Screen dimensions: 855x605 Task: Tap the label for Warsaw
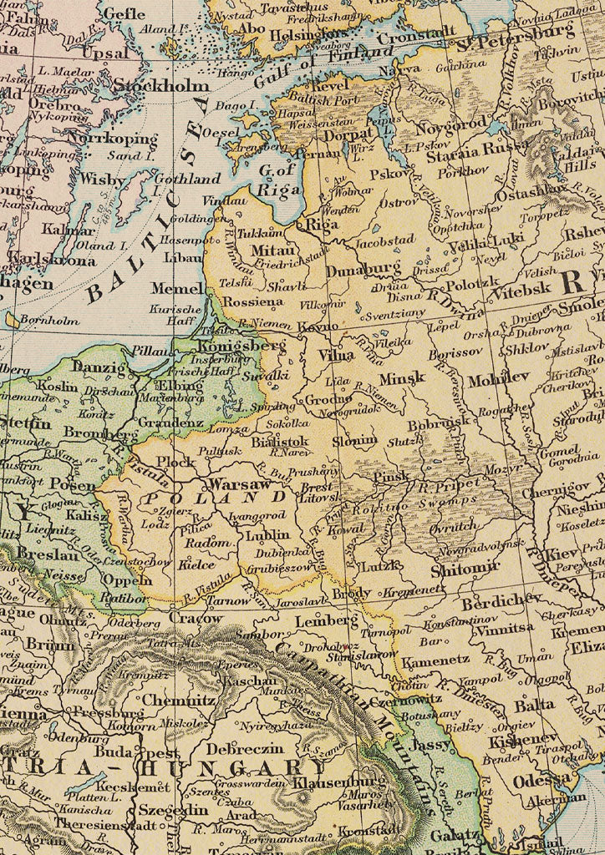[239, 484]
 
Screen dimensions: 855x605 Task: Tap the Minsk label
[402, 378]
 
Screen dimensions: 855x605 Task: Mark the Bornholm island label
[50, 320]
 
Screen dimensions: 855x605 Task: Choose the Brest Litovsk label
[318, 493]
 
